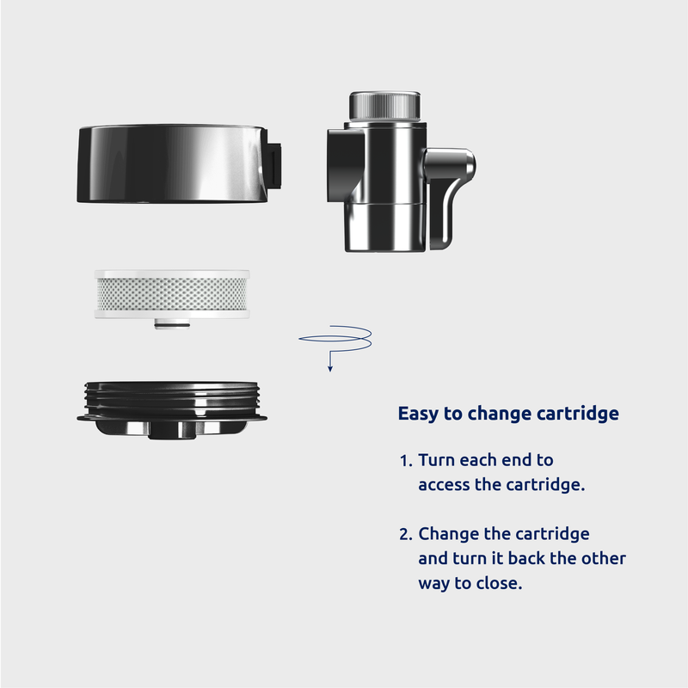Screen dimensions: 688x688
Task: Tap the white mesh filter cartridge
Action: pos(171,293)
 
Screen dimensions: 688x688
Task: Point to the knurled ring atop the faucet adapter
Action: pos(385,107)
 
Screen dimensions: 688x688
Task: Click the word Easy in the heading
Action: pos(418,414)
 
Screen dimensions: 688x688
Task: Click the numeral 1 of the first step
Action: pos(404,461)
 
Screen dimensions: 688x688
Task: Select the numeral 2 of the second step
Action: pos(405,534)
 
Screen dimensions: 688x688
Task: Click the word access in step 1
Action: pos(444,484)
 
